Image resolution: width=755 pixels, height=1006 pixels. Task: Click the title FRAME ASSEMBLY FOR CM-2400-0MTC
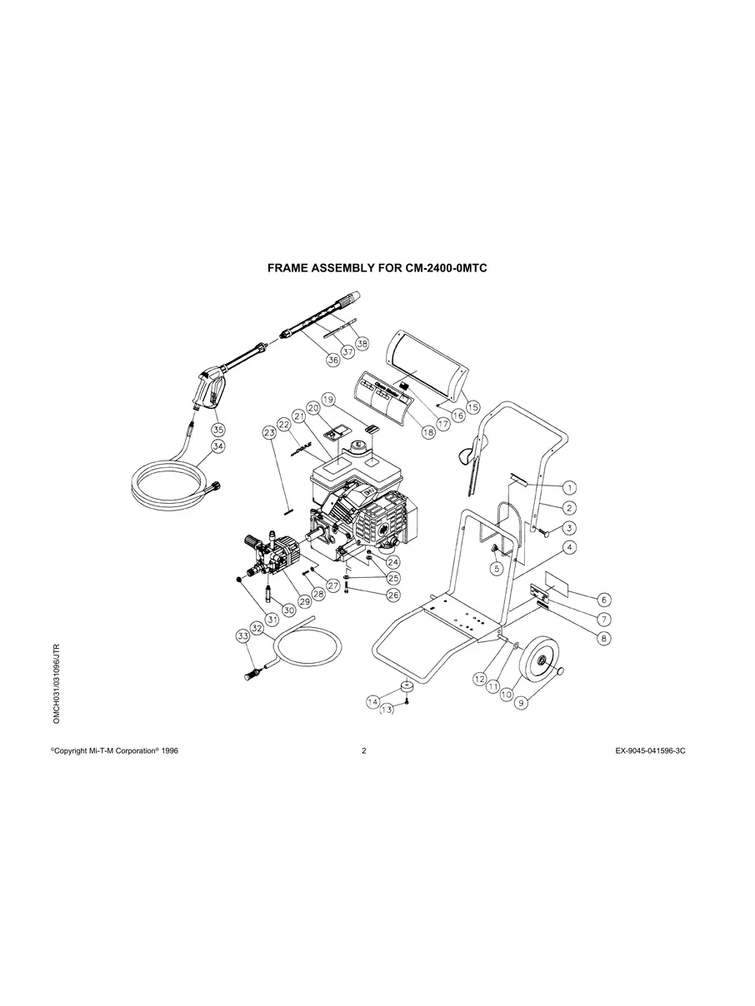377,269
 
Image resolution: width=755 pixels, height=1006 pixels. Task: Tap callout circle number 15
472,408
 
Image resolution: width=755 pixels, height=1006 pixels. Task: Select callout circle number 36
332,361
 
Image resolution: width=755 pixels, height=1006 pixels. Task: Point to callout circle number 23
268,432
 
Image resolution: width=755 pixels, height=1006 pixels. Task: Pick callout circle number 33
243,636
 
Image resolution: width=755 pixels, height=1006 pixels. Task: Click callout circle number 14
373,702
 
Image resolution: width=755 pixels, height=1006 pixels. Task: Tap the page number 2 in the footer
364,750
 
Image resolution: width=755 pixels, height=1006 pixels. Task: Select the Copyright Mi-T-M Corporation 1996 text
114,750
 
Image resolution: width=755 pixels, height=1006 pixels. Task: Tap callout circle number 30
289,609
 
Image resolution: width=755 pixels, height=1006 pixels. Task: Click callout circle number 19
327,400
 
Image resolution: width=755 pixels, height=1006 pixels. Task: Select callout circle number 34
217,446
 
